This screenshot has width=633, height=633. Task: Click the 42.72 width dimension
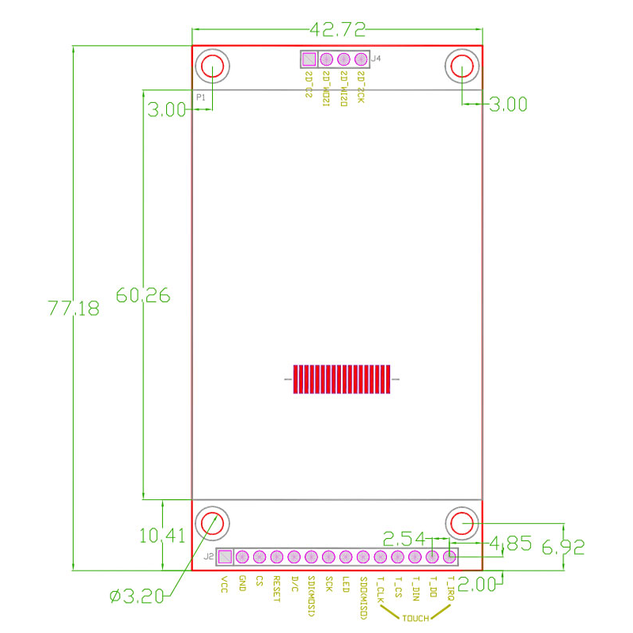coord(338,31)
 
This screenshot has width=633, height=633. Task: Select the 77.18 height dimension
coord(74,308)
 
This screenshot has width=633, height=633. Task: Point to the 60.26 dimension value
coord(143,295)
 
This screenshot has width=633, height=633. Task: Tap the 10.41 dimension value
coord(162,536)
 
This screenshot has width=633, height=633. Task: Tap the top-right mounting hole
coord(462,66)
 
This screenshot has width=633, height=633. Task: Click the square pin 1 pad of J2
coord(226,556)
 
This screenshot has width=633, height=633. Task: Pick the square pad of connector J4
coord(309,59)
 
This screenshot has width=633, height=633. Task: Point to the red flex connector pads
coord(342,379)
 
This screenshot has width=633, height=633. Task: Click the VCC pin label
coord(225,584)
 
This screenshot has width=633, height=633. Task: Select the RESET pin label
coord(276,589)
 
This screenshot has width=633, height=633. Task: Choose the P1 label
coord(201,97)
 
